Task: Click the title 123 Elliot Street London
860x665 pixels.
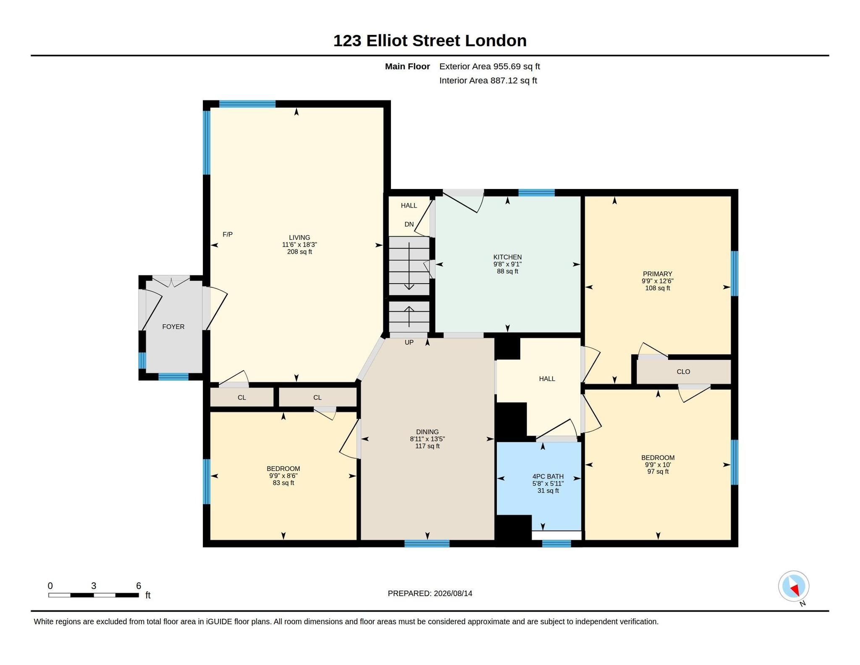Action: coord(430,41)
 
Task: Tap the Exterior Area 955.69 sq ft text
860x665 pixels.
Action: coord(490,66)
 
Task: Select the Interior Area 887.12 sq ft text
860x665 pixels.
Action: coord(488,81)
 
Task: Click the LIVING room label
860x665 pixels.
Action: coord(299,237)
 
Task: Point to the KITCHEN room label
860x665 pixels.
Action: coord(507,257)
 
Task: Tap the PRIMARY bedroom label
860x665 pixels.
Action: coord(658,274)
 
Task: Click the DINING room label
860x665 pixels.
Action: coord(427,432)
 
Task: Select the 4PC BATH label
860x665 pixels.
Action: coord(548,476)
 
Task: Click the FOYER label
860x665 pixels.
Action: coord(173,327)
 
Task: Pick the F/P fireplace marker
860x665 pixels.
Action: coord(228,234)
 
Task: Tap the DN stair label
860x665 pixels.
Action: coord(409,224)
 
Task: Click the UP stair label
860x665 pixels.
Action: coord(409,342)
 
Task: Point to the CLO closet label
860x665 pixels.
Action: coord(683,372)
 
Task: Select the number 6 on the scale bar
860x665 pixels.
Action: coord(139,586)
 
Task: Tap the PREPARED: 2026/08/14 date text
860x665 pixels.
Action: coord(430,594)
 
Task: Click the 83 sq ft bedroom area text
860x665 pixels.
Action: coord(283,483)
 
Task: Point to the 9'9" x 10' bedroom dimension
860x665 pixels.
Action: coord(658,465)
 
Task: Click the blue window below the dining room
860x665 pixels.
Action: coord(427,544)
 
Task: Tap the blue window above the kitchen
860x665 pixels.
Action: coord(536,193)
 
